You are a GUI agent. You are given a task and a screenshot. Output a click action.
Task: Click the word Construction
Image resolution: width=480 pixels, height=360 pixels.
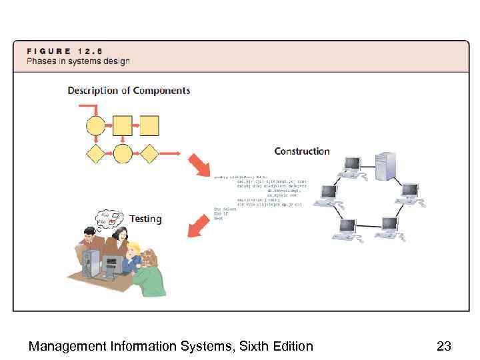pos(302,151)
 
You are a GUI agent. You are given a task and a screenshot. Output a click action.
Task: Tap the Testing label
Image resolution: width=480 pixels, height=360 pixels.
pos(145,219)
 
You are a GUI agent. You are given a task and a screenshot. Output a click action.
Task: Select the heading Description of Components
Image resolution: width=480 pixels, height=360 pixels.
pos(129,91)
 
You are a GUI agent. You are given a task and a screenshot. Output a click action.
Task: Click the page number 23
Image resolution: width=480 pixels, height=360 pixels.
pos(444,346)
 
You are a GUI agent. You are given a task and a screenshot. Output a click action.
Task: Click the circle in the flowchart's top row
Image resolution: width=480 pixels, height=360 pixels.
pos(96,125)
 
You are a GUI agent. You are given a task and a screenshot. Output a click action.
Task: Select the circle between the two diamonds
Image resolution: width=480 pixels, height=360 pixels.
pos(123,153)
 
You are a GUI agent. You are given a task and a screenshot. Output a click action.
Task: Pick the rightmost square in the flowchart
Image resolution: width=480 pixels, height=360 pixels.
pos(149,125)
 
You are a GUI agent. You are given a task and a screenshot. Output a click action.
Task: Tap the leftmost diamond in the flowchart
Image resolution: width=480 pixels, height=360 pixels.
pos(96,153)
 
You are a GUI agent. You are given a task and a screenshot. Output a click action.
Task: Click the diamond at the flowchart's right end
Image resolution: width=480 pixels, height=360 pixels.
pos(149,153)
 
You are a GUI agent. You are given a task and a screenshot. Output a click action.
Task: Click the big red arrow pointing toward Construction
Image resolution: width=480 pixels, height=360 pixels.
pos(199,166)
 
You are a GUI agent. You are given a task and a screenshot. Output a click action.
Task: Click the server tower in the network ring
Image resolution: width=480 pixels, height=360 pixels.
pos(385,166)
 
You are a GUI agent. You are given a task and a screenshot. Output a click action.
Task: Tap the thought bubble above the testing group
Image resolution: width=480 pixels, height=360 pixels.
pos(109,219)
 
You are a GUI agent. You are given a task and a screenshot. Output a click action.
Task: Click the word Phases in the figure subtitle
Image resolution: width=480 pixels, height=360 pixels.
pos(42,61)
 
